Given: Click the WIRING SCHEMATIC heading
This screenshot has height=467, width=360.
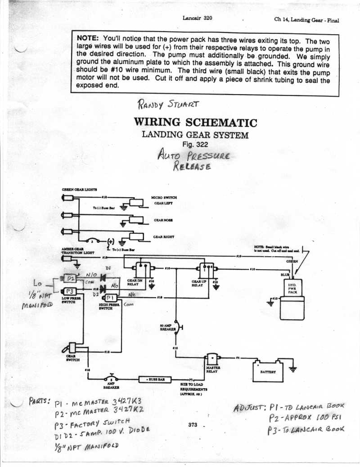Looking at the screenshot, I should (195, 122).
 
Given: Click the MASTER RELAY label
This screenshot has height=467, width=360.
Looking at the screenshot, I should (212, 369).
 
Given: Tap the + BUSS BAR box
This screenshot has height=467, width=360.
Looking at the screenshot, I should (155, 379).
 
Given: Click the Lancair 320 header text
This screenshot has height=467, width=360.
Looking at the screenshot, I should (198, 18).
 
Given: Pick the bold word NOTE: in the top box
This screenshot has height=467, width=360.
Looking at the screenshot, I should (89, 38).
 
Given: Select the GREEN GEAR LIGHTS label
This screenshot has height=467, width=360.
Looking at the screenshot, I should (80, 190).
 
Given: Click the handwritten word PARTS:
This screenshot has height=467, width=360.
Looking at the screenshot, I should (40, 400).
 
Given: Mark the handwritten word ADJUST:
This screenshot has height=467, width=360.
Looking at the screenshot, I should (250, 408).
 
